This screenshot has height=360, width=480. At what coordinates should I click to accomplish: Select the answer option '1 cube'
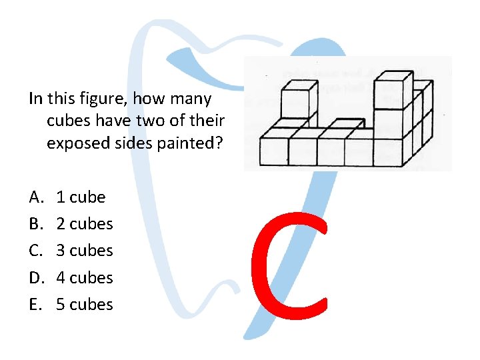click(81, 197)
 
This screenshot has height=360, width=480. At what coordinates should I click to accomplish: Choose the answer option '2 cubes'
click(85, 224)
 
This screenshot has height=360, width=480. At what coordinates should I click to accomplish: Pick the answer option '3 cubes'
click(85, 251)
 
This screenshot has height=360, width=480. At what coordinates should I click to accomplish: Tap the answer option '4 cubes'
click(85, 277)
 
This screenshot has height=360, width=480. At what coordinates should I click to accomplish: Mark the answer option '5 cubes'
click(85, 304)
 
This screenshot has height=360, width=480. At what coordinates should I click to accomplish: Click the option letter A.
click(35, 197)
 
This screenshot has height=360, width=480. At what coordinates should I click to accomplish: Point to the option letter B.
click(35, 224)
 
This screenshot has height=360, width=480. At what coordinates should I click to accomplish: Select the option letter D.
click(35, 277)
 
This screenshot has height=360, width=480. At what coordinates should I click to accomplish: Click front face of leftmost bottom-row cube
click(273, 151)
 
